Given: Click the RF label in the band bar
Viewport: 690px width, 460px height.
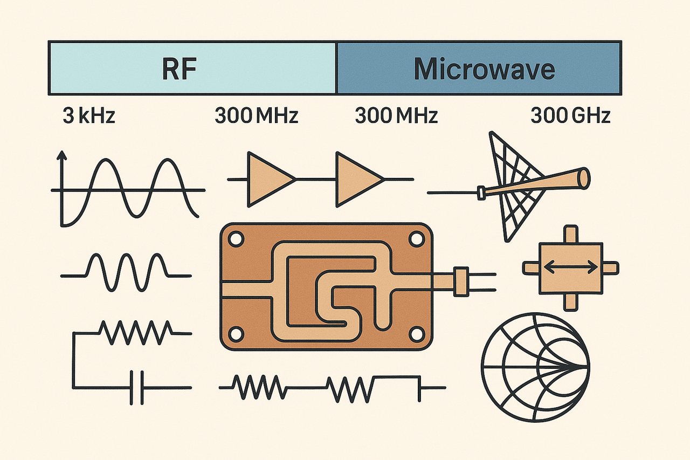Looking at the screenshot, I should (179, 69).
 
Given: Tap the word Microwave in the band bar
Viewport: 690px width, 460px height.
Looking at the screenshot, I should (484, 69).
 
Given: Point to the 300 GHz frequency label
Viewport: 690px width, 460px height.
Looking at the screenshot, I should (570, 116).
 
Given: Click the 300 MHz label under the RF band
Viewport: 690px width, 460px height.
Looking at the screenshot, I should (256, 116).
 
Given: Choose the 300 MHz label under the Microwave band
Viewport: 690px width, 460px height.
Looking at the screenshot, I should (396, 116).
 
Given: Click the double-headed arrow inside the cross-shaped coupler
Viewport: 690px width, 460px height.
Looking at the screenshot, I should (571, 266).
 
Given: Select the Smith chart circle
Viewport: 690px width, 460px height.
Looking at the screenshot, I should (535, 367).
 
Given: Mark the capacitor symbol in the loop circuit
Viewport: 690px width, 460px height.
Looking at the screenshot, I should (136, 387).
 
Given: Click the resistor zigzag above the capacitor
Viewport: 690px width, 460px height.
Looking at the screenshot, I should (135, 333).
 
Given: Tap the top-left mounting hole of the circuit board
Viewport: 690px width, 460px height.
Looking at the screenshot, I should (236, 238).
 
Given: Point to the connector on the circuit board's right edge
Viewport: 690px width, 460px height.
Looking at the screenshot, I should (461, 281).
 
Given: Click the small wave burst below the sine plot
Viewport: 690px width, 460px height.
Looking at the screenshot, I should (127, 271).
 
